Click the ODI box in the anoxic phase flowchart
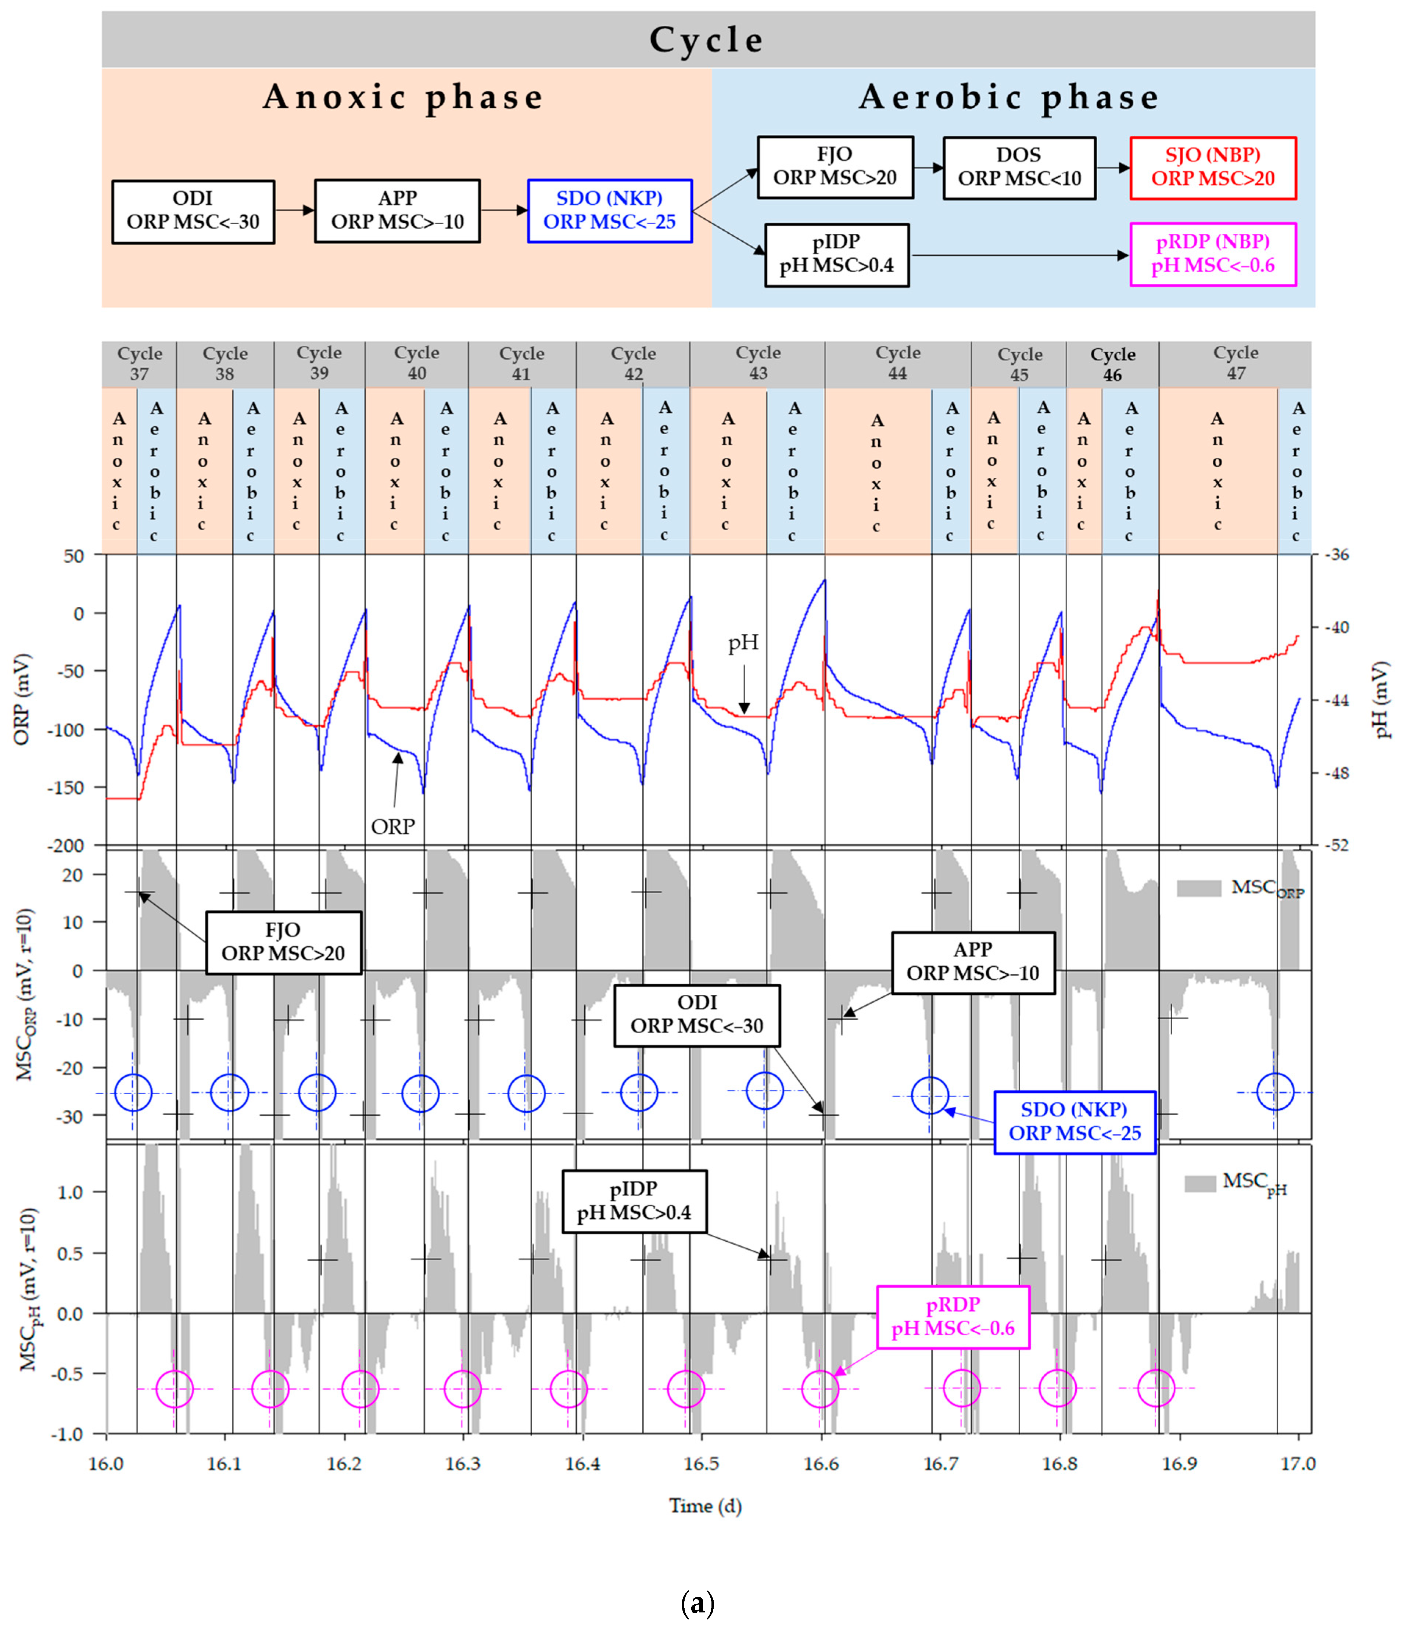point(193,211)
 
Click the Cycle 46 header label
point(1112,364)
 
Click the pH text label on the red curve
point(742,643)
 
